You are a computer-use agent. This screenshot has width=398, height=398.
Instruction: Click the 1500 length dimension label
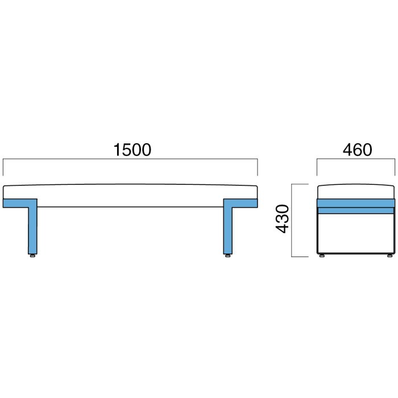click(x=132, y=150)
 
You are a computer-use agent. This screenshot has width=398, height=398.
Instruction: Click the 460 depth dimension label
click(x=358, y=150)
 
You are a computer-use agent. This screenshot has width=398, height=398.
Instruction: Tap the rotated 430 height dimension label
click(x=282, y=219)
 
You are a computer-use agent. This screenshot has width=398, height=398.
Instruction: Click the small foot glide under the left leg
click(x=32, y=256)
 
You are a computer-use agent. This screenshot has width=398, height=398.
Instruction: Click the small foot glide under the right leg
click(x=227, y=256)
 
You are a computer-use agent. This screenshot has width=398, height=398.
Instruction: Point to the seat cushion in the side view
click(x=356, y=192)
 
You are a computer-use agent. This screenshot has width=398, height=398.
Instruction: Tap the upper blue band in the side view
click(x=356, y=203)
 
